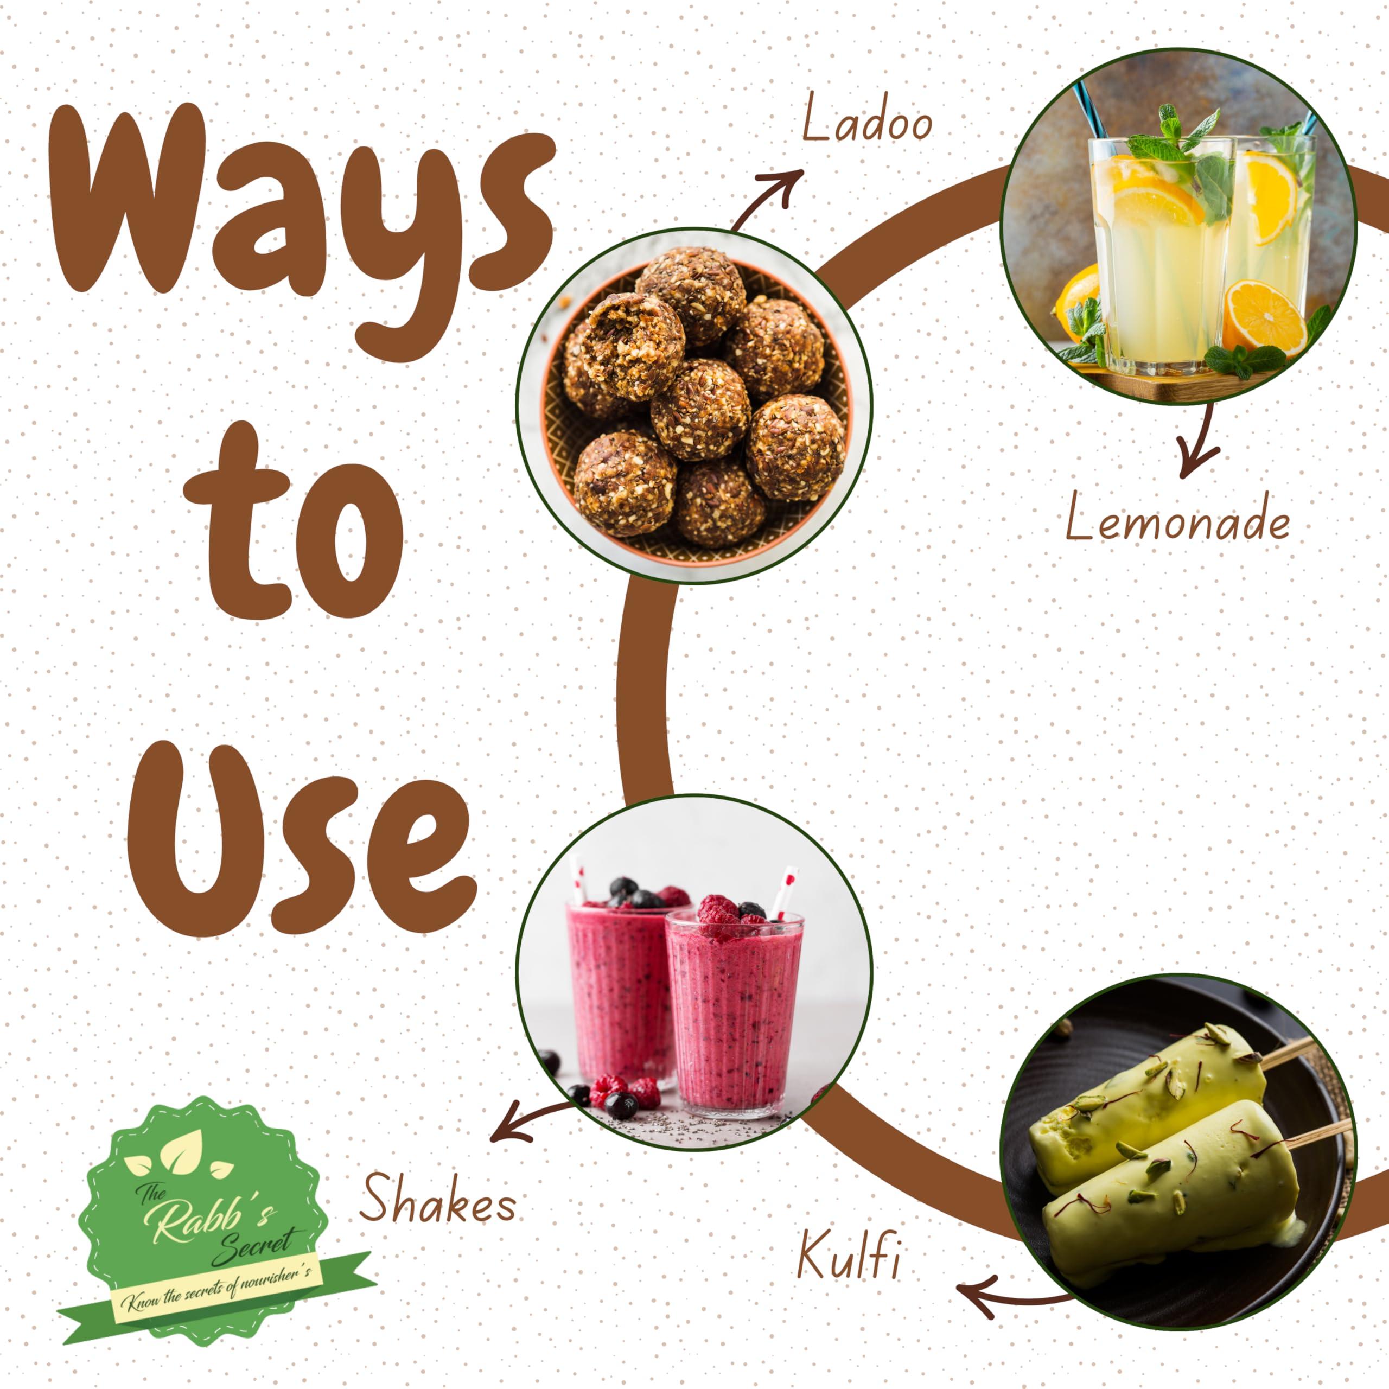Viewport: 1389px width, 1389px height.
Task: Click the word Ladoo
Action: coord(866,120)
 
